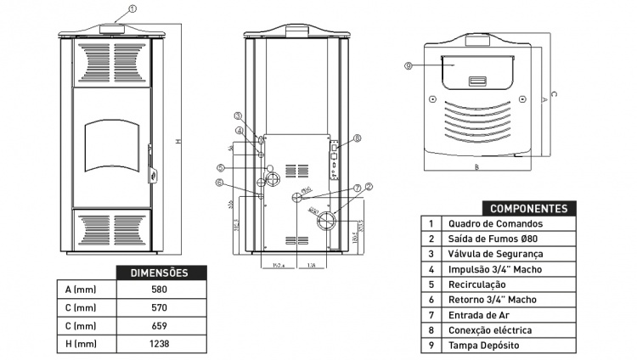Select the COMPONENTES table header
(529, 208)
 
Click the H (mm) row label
(80, 344)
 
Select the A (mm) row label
(80, 290)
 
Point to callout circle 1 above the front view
(132, 9)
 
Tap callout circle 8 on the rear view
(358, 138)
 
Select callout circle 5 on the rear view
(220, 167)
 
